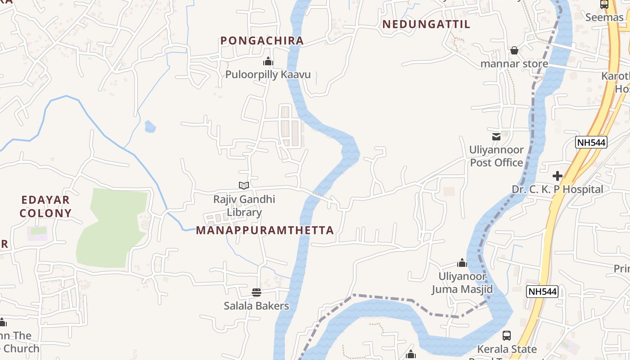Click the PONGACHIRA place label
[262, 40]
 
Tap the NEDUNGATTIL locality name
[426, 24]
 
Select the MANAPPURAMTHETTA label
[265, 230]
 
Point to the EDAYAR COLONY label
[45, 207]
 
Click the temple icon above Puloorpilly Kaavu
[268, 61]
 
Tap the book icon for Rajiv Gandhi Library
[244, 185]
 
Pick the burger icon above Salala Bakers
[256, 292]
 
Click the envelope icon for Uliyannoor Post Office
[496, 136]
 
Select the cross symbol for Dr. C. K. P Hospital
[558, 175]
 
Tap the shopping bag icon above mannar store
[514, 50]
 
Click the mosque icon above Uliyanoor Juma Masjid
[462, 263]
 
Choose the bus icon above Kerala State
[507, 336]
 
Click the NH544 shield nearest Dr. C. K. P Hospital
[591, 143]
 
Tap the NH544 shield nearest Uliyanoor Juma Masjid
[542, 292]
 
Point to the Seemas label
[604, 17]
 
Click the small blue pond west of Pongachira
[150, 126]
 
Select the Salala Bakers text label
[256, 306]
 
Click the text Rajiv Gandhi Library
[244, 206]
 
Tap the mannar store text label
[514, 64]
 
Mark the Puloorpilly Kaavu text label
[268, 75]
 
